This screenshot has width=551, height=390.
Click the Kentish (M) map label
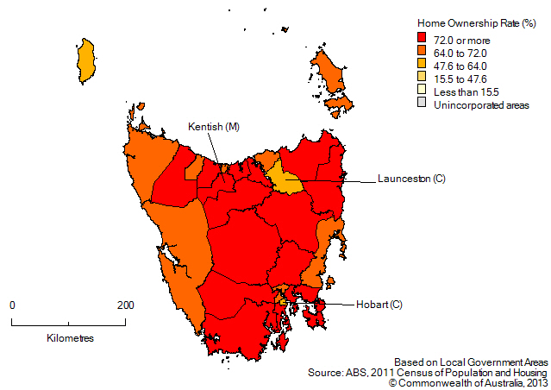(x=213, y=128)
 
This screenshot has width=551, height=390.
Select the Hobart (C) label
(x=378, y=304)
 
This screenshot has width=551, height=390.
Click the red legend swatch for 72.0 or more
(x=422, y=38)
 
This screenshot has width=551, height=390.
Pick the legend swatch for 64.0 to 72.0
(x=422, y=51)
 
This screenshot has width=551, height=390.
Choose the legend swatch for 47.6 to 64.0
(x=422, y=64)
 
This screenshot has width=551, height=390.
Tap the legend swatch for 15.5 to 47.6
(x=422, y=77)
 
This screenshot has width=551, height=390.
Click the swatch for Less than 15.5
(x=422, y=90)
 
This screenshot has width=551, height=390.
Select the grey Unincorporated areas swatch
(x=422, y=103)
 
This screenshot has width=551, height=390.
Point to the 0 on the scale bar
(x=12, y=305)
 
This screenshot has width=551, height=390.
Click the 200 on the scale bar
(x=125, y=305)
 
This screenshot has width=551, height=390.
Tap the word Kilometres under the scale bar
(x=70, y=337)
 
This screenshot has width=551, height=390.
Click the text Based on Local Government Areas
(x=467, y=362)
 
